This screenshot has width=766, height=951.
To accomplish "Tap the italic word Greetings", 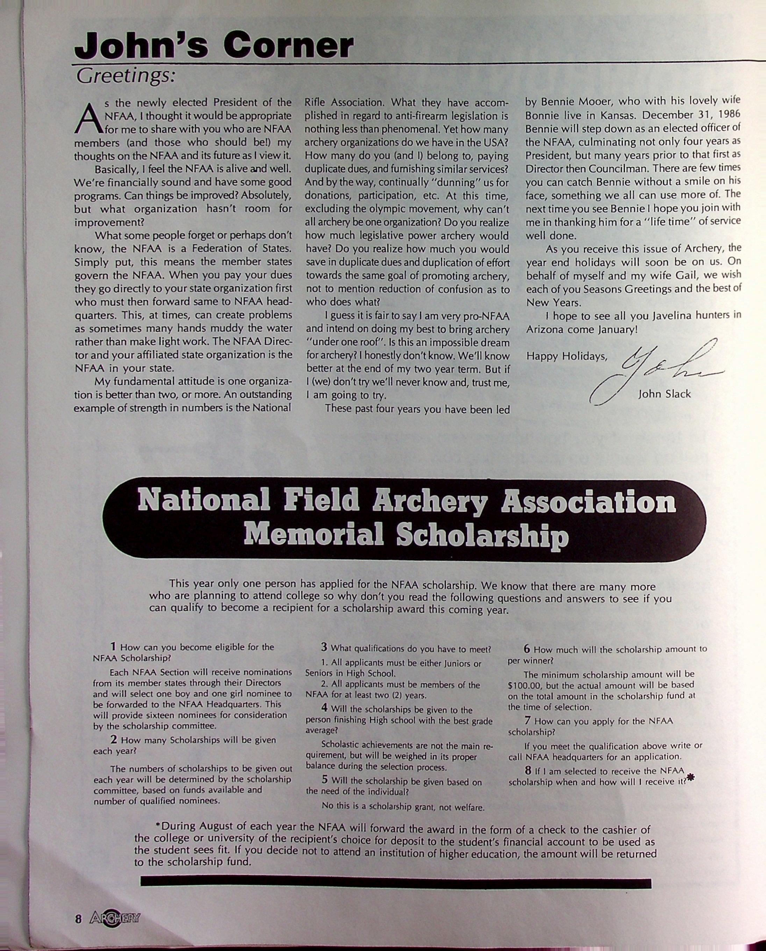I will click(x=126, y=76).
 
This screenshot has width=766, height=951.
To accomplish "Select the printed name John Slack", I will click(x=664, y=394).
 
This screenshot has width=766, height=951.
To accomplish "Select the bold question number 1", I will click(x=113, y=647).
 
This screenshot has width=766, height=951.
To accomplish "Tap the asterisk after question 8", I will click(x=691, y=779).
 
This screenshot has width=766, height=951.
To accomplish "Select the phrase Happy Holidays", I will click(x=567, y=356).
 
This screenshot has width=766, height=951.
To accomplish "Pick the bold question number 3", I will click(x=324, y=648).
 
